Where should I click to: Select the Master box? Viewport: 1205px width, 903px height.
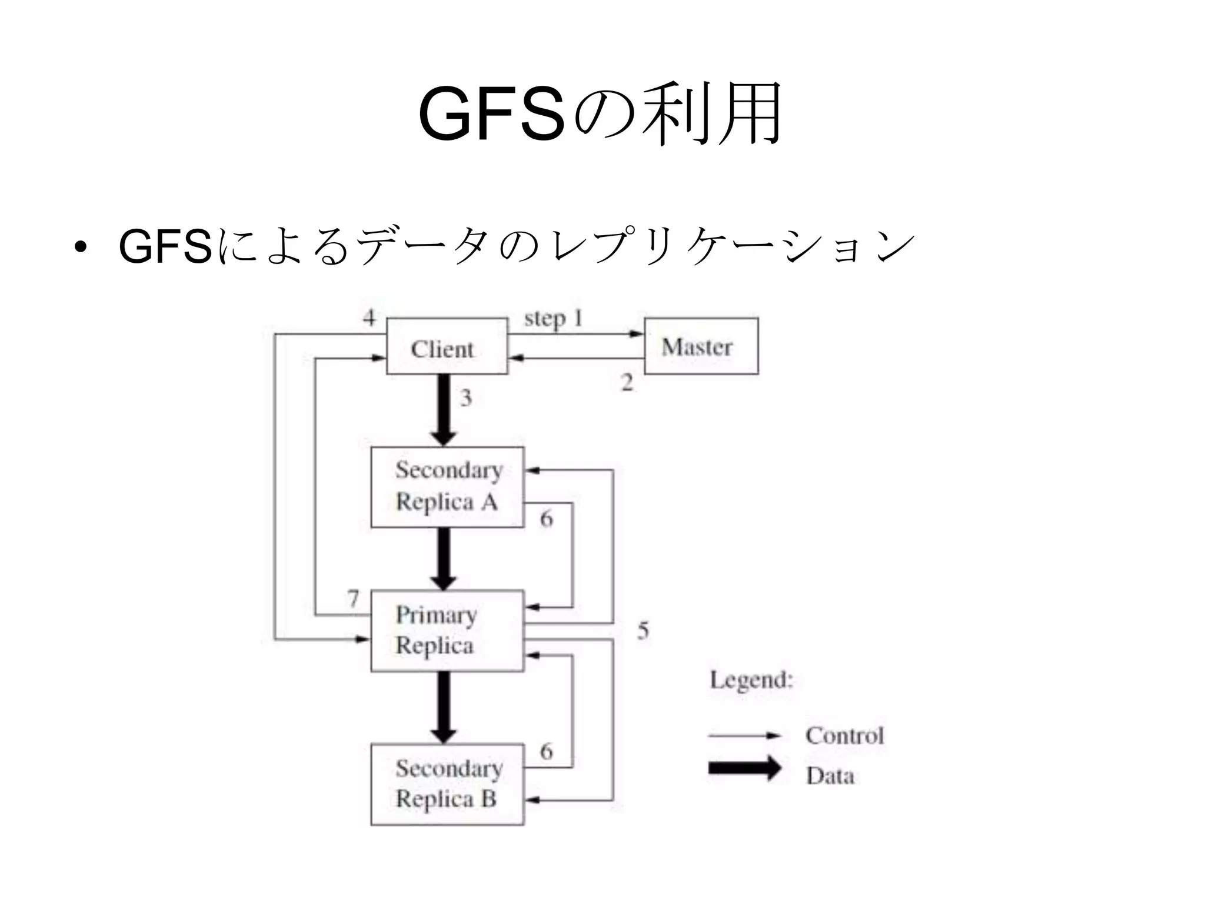point(701,346)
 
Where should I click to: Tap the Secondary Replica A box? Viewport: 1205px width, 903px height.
point(447,487)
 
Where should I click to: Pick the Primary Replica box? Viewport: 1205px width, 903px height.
point(447,631)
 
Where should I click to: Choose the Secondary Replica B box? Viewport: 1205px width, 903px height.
point(447,784)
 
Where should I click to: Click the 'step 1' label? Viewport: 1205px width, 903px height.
point(553,319)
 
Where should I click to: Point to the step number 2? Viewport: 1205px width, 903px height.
point(627,383)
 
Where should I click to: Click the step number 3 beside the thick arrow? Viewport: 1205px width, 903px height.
point(466,398)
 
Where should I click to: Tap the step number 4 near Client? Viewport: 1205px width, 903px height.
point(369,318)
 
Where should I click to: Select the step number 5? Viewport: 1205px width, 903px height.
point(643,631)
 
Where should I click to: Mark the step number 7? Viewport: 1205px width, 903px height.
point(353,598)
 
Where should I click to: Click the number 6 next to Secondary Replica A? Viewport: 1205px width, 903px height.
point(547,519)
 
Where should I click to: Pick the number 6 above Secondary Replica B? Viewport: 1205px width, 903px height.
point(547,751)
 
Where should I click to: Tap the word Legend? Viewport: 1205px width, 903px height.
point(751,680)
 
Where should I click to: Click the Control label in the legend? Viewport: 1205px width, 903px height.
point(844,735)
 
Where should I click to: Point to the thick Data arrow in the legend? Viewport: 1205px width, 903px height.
point(744,768)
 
